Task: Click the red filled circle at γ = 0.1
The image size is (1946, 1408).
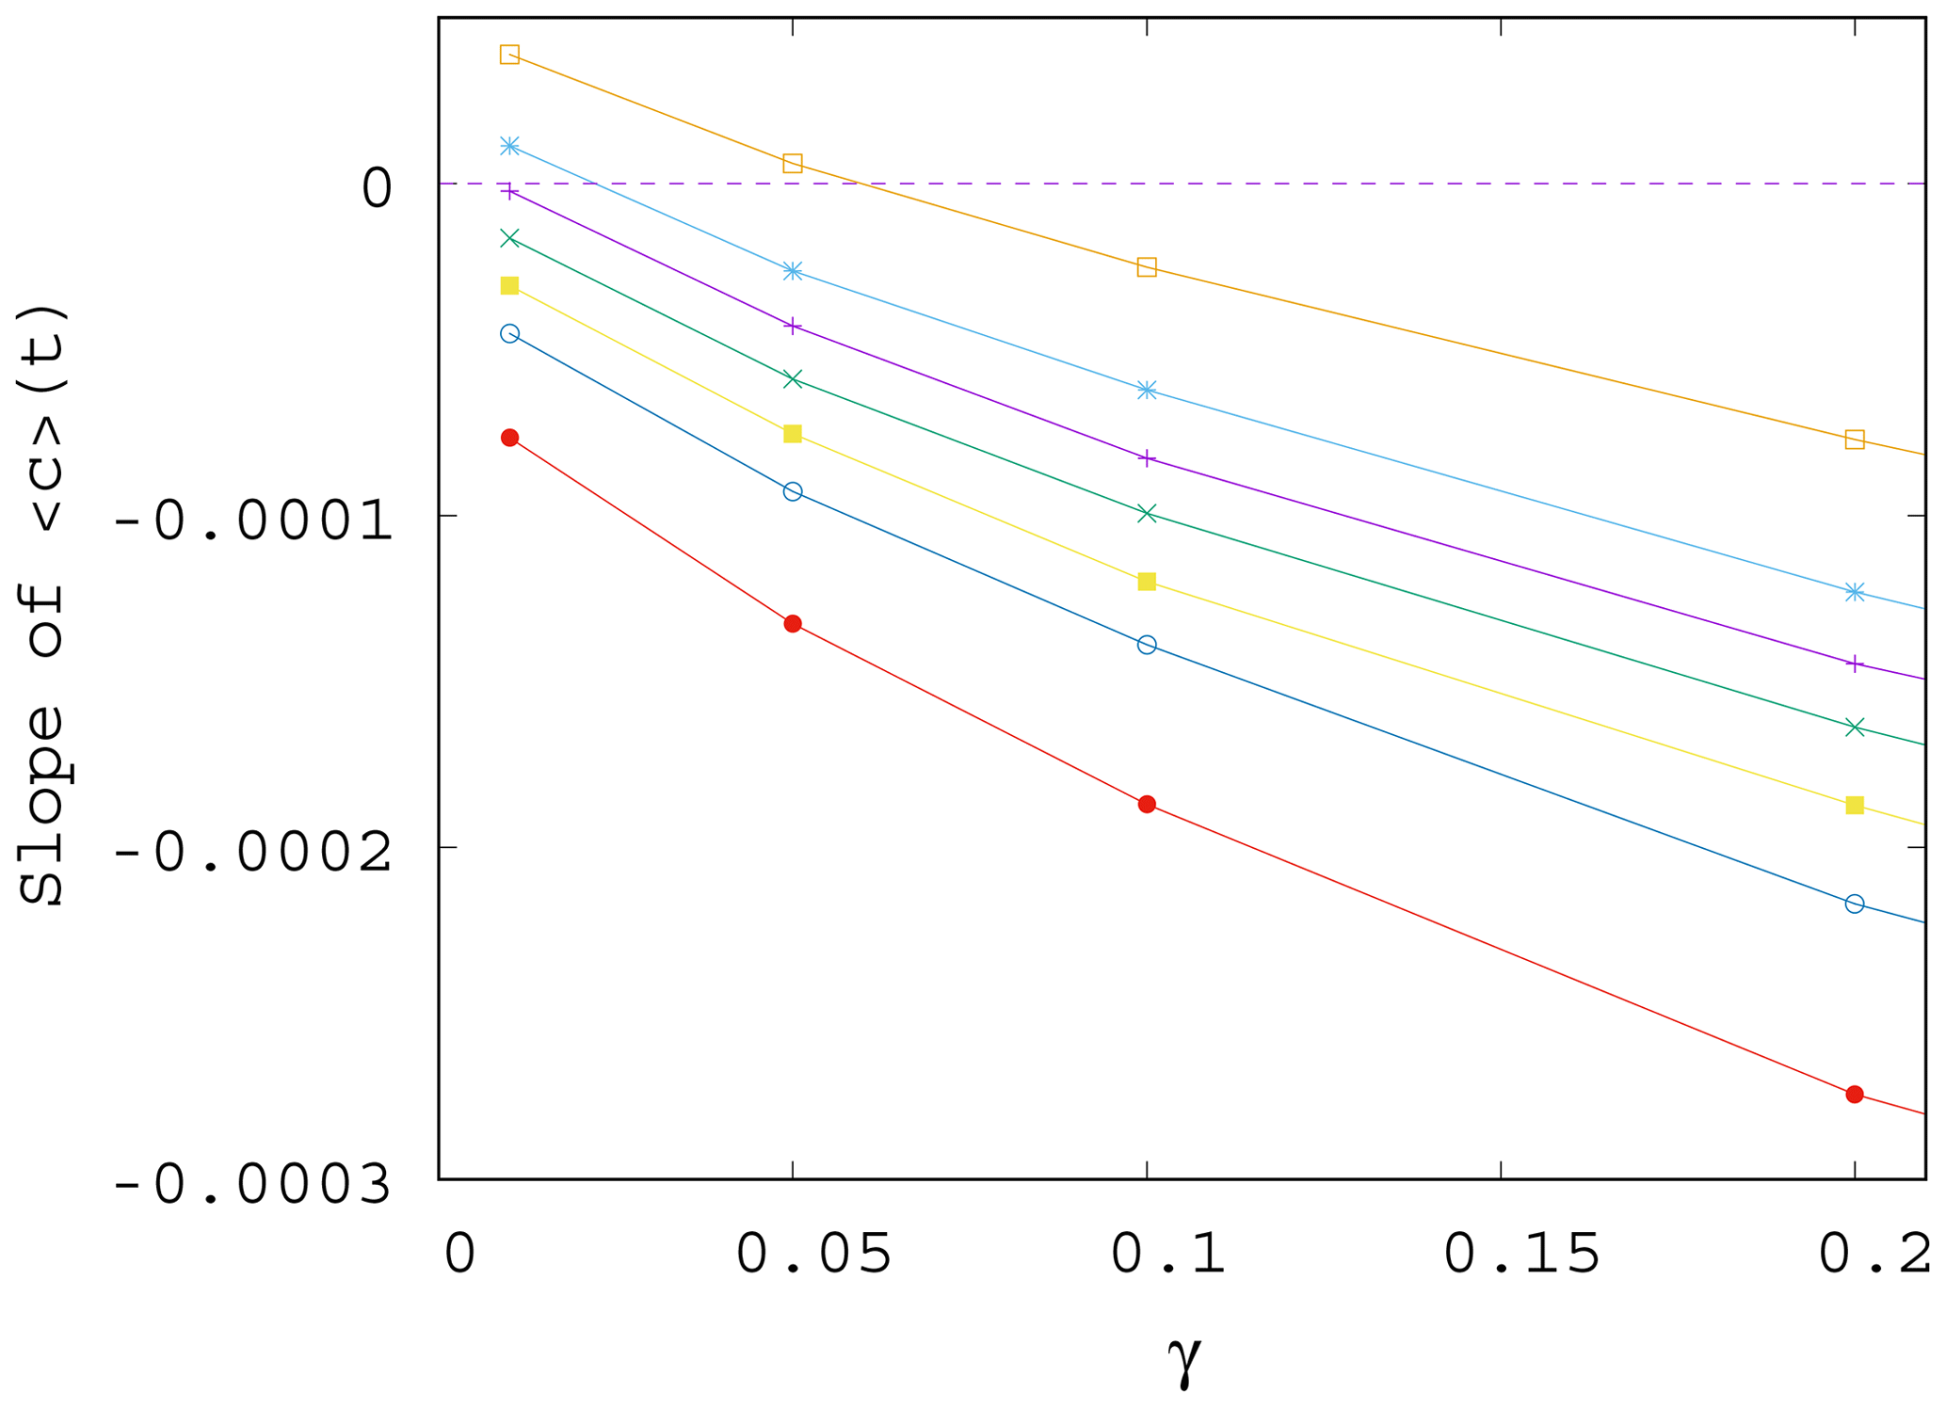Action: click(1147, 804)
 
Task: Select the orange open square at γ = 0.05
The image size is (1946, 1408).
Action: click(793, 164)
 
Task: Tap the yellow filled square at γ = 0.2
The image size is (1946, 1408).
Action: click(1855, 805)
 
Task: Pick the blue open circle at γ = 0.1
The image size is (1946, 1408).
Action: click(1147, 645)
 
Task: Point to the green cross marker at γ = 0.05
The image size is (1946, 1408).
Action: click(793, 379)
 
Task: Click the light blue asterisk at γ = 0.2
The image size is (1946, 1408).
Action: click(1855, 592)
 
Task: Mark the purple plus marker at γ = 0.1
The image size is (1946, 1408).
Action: click(1147, 458)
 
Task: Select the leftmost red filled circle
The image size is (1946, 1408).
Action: click(510, 438)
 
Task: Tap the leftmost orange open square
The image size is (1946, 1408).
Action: click(509, 55)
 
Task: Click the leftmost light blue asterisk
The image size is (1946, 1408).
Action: click(510, 146)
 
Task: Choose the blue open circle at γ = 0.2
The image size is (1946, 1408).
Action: click(1855, 904)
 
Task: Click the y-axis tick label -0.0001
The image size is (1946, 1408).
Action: click(252, 521)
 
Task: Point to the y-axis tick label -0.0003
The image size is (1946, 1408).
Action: click(252, 1184)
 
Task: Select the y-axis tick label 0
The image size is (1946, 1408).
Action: click(378, 188)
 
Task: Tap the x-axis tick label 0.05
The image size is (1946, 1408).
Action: click(813, 1254)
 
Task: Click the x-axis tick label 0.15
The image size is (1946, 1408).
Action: click(1521, 1254)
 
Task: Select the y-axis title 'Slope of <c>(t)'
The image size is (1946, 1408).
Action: click(42, 604)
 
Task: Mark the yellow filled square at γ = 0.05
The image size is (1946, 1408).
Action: click(793, 434)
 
